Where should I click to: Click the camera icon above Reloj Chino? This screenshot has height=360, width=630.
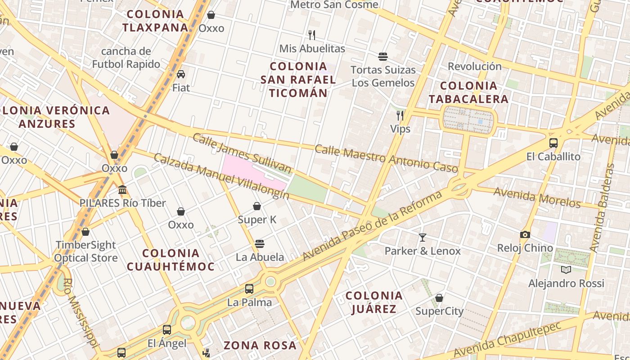[525, 234]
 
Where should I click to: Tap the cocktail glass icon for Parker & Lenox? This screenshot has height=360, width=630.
[423, 237]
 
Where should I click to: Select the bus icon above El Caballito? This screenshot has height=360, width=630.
[553, 143]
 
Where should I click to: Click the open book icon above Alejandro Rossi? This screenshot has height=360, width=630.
[566, 270]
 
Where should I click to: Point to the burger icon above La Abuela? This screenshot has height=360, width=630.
[259, 244]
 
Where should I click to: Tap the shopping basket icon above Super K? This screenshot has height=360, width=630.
[257, 206]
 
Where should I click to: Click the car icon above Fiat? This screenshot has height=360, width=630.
[181, 74]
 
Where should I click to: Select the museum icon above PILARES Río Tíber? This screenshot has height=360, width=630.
[122, 189]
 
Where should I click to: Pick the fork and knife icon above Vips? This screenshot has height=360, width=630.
[400, 116]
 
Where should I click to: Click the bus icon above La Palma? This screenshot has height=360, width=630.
[249, 288]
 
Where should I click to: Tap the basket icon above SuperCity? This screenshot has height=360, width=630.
[439, 298]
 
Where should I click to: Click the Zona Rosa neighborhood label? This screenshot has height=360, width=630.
[260, 346]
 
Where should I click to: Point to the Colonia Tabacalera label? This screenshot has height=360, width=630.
[468, 92]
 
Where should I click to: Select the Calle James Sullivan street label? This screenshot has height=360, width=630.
[242, 153]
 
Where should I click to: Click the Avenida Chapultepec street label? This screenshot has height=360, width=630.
[508, 339]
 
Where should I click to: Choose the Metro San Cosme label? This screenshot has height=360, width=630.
[334, 5]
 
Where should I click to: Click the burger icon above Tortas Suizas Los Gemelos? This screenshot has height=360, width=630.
[383, 56]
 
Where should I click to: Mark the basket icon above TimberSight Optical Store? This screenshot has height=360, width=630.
[85, 232]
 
